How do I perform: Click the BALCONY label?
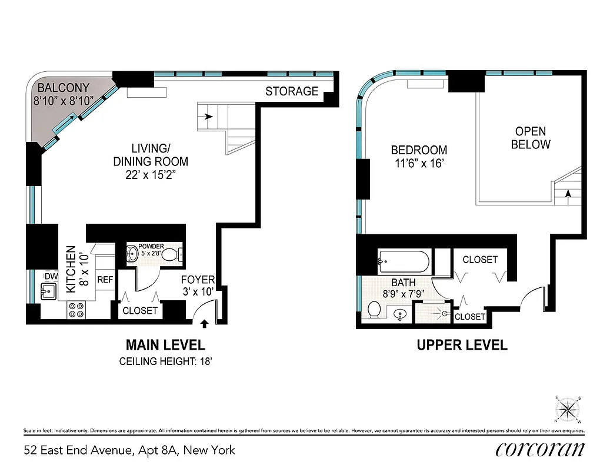64,88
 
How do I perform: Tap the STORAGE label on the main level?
292,91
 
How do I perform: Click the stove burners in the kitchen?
76,310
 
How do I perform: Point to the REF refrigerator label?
105,280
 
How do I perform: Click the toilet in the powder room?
170,255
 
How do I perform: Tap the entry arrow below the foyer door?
205,323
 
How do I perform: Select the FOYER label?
198,280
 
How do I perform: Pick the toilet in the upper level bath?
374,309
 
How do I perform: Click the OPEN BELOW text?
531,138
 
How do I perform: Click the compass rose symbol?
568,409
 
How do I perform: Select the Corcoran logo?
540,449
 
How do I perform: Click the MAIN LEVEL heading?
165,345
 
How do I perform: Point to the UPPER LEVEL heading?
462,345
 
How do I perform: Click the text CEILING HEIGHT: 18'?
165,361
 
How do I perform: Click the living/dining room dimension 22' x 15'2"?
151,175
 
